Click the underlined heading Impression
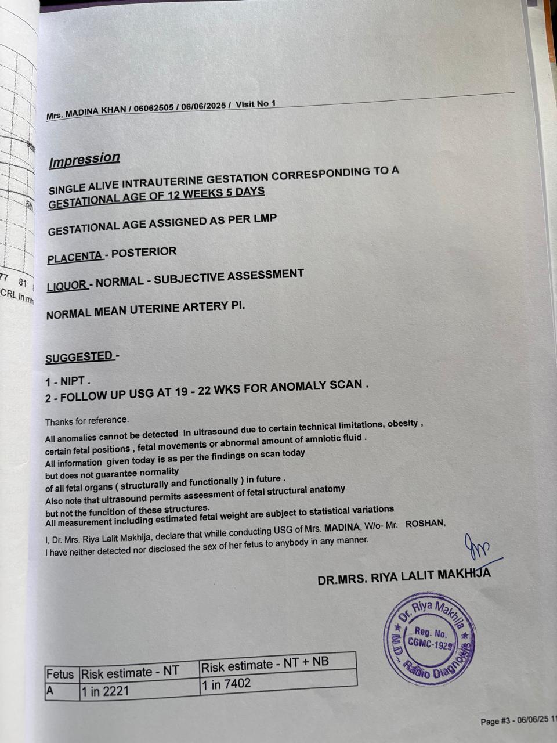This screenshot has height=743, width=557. click(84, 159)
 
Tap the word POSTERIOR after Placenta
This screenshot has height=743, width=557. click(144, 253)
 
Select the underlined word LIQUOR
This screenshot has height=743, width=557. click(66, 285)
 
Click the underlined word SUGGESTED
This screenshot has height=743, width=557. click(79, 357)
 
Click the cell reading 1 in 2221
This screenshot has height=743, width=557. click(105, 691)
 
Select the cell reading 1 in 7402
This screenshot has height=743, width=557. click(226, 684)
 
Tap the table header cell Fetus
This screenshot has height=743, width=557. click(60, 675)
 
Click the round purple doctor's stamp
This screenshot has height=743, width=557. click(429, 639)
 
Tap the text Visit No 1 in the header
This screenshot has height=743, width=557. click(256, 104)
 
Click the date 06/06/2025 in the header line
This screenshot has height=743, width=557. click(203, 106)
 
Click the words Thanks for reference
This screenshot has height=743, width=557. click(87, 420)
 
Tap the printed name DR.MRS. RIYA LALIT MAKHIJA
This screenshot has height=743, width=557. click(404, 576)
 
